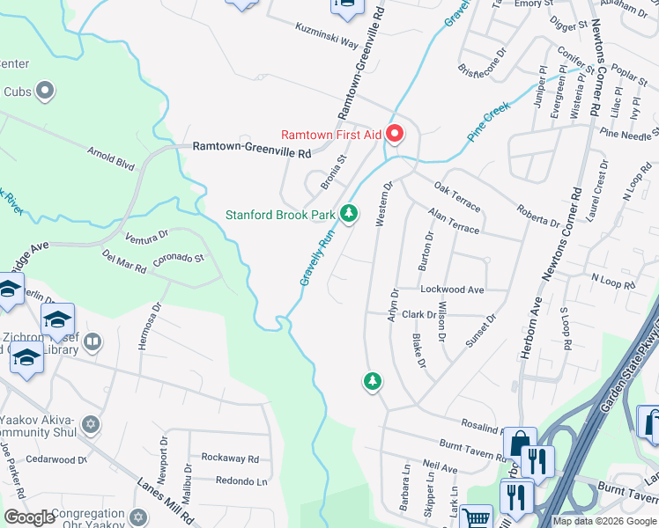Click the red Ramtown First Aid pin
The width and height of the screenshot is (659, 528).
pyautogui.click(x=395, y=135)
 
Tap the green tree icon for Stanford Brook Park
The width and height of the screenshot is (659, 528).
pyautogui.click(x=350, y=214)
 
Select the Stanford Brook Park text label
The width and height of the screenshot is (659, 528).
pyautogui.click(x=280, y=214)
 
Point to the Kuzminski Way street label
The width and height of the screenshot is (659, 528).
pyautogui.click(x=326, y=40)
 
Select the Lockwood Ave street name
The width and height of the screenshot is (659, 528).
pyautogui.click(x=452, y=289)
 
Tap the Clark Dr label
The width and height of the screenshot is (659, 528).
pyautogui.click(x=419, y=314)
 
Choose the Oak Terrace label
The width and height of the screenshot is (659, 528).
pyautogui.click(x=457, y=198)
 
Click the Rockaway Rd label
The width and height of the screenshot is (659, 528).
pyautogui.click(x=229, y=458)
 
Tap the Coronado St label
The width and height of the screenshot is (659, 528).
pyautogui.click(x=179, y=259)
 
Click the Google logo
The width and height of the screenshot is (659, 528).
pyautogui.click(x=30, y=517)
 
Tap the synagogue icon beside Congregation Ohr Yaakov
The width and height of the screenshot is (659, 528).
pyautogui.click(x=137, y=516)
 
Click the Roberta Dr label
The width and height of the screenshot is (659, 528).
pyautogui.click(x=538, y=216)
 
